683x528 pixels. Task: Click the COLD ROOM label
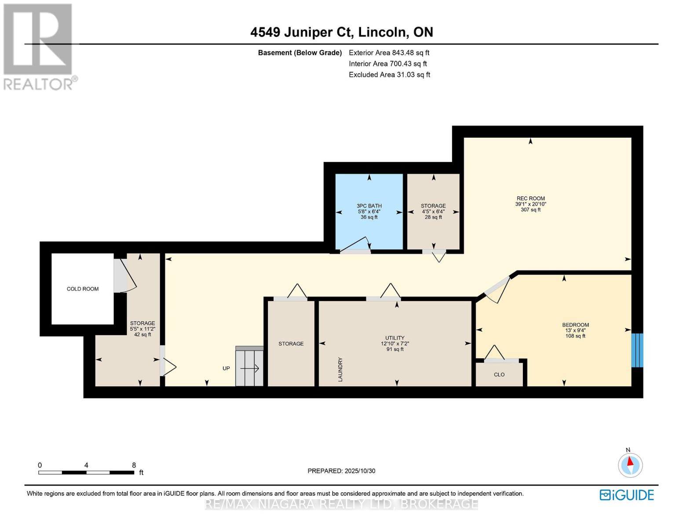[82, 289]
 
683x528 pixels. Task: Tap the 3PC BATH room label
[369, 206]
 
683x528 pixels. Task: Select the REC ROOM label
[530, 198]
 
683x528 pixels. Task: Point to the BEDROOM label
[575, 325]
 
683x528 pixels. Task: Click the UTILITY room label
[394, 338]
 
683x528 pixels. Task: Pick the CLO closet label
[499, 375]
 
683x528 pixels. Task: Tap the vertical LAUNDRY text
[340, 369]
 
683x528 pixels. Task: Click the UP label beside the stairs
[226, 368]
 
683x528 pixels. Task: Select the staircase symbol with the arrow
[249, 367]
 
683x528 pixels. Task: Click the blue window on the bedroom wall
[637, 350]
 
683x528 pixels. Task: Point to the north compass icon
[630, 465]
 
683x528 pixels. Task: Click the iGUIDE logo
[627, 495]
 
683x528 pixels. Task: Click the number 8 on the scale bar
[134, 465]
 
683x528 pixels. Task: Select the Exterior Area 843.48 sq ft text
[389, 53]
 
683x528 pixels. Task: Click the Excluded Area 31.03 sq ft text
[389, 75]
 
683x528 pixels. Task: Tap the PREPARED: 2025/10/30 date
[341, 471]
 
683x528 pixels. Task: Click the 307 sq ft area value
[530, 210]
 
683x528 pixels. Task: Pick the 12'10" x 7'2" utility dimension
[394, 344]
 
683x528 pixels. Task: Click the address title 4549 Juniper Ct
[341, 32]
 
